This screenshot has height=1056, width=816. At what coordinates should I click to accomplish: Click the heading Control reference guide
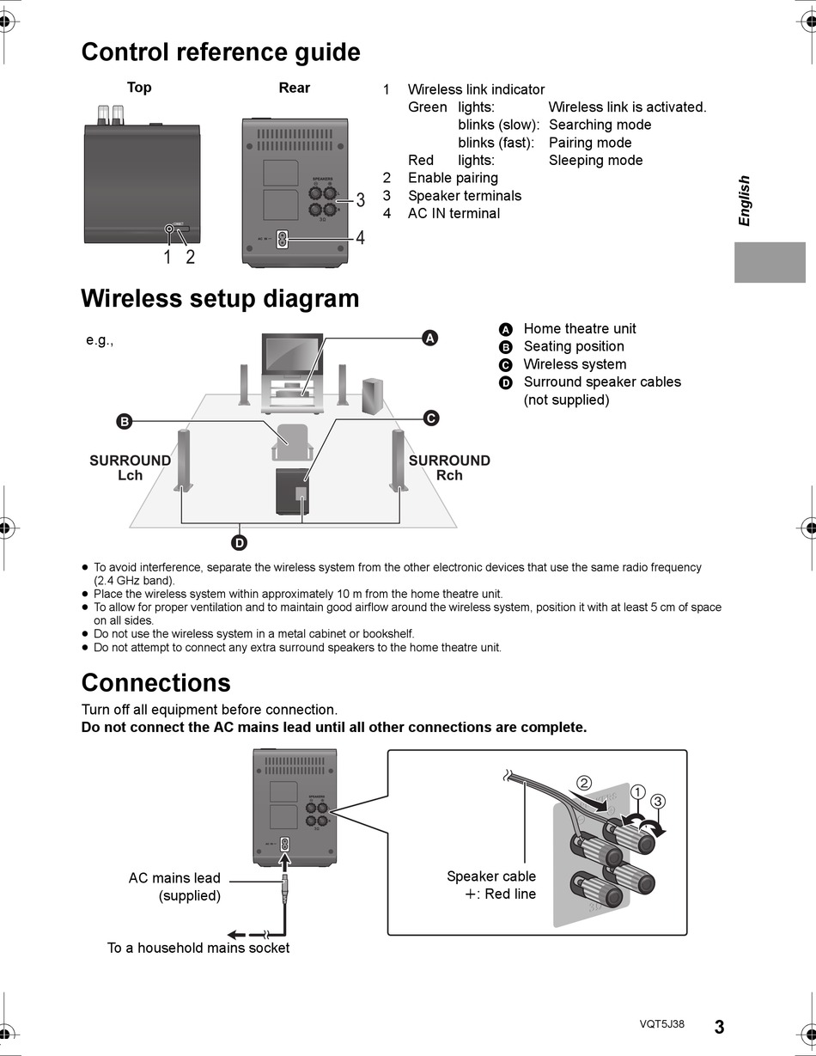(x=220, y=52)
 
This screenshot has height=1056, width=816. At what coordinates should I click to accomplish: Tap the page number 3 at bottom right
(x=719, y=1027)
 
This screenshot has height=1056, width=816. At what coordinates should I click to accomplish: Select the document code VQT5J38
(x=661, y=1024)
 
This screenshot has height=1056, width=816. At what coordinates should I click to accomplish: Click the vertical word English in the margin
(x=744, y=201)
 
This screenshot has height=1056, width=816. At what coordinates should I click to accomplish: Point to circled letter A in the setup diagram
(x=430, y=338)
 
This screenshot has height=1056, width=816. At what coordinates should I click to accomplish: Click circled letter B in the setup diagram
(x=124, y=421)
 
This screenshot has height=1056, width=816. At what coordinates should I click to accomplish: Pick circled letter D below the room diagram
(x=239, y=542)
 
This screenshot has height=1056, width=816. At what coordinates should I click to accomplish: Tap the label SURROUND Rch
(x=449, y=467)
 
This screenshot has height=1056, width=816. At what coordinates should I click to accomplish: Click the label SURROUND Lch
(x=130, y=467)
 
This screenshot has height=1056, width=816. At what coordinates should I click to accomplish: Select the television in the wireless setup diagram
(x=292, y=354)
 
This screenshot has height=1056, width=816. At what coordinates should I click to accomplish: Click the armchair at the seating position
(x=291, y=441)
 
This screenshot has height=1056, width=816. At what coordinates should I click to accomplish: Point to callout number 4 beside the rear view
(x=360, y=238)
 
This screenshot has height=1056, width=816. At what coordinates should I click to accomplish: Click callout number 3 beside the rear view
(x=360, y=200)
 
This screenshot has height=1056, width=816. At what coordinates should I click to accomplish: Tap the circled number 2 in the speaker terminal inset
(x=583, y=783)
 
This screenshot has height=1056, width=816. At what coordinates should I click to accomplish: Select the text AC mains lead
(x=174, y=878)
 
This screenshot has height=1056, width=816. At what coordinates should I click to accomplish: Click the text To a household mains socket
(x=198, y=948)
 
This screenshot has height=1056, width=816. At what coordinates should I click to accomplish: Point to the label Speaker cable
(x=490, y=876)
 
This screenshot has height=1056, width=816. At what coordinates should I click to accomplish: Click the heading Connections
(x=155, y=683)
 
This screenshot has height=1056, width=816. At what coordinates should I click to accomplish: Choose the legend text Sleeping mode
(x=595, y=160)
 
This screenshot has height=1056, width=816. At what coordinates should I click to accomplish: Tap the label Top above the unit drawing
(x=139, y=88)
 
